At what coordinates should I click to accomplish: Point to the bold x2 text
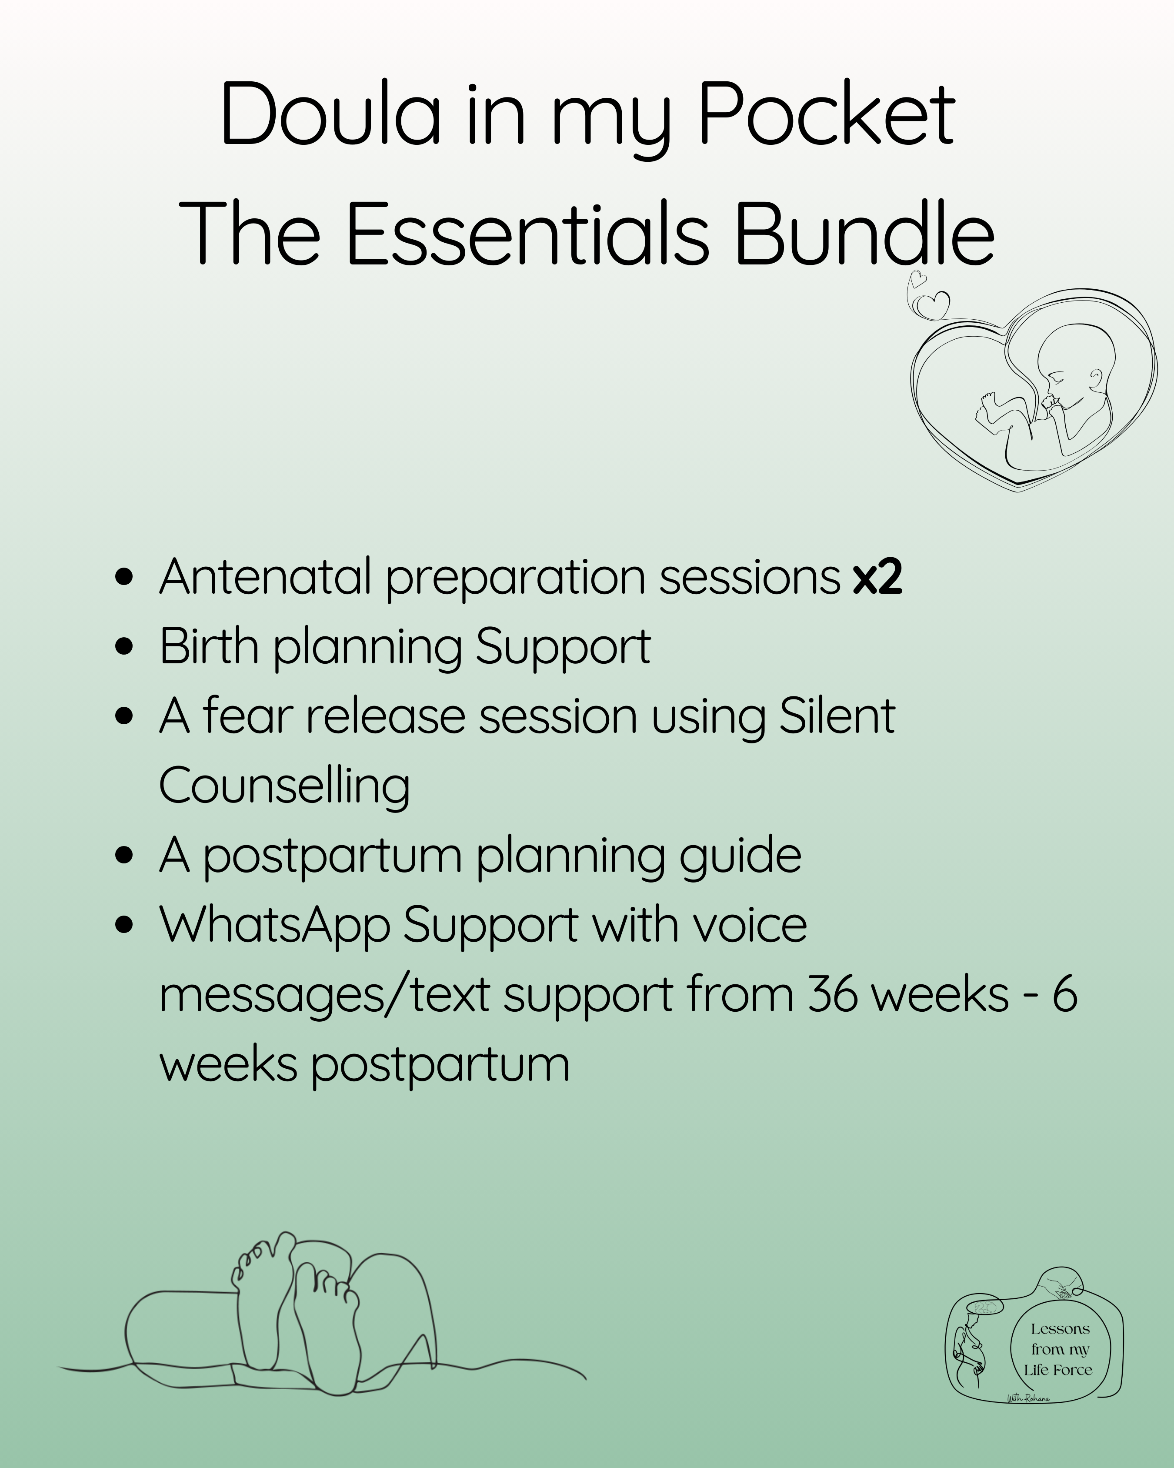(877, 577)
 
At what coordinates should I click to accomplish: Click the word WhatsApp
(274, 927)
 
